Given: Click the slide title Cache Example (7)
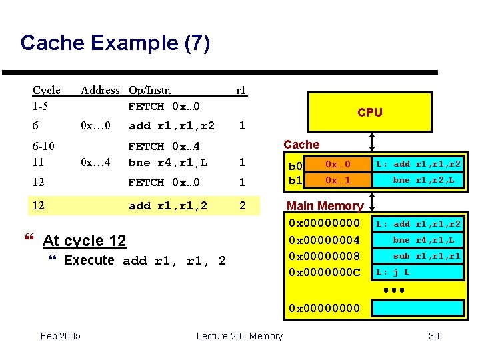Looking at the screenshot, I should click(115, 43).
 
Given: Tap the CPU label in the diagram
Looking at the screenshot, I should click(369, 112).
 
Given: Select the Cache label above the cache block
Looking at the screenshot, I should click(301, 144).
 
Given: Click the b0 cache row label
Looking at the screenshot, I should click(295, 165).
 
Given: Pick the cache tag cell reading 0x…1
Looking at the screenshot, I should click(337, 180).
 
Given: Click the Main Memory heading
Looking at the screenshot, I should click(325, 206).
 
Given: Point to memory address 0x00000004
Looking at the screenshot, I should click(323, 240).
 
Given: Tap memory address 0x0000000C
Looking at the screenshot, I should click(323, 272).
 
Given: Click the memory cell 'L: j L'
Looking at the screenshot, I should click(393, 272).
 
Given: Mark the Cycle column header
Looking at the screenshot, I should click(47, 90).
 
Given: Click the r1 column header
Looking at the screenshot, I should click(241, 90).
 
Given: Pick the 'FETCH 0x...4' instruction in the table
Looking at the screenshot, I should click(165, 146).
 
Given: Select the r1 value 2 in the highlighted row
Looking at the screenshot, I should click(243, 205).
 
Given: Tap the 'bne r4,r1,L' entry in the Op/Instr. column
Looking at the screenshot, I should click(168, 162).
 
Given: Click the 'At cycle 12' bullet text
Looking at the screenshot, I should click(83, 241).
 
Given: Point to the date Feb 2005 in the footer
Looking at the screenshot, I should click(61, 336).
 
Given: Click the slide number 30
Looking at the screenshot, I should click(433, 336).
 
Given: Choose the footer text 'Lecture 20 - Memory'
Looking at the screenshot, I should click(239, 336).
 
